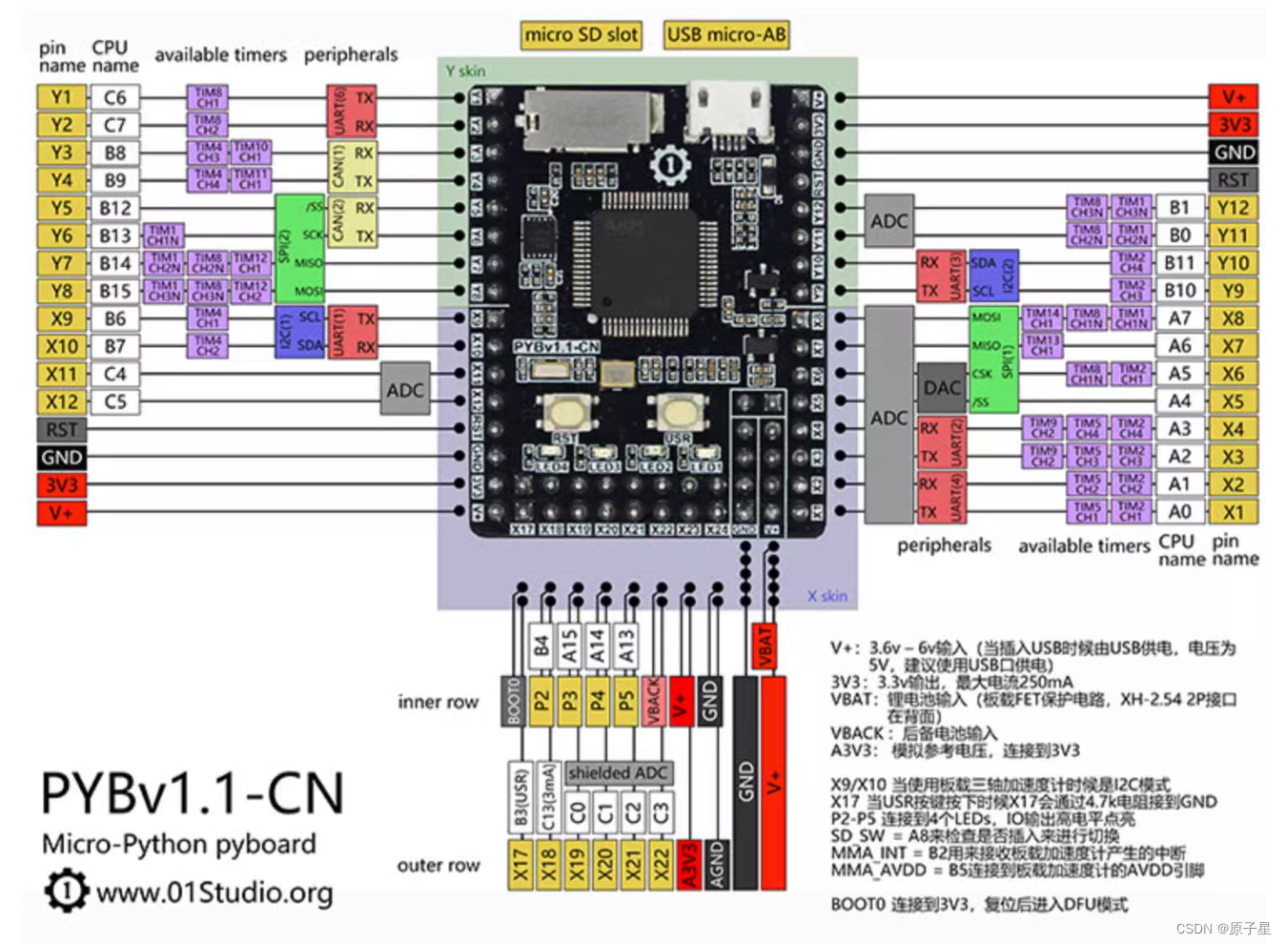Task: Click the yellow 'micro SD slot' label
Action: [x=581, y=35]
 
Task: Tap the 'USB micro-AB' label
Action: [x=726, y=35]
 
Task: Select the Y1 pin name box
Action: [x=61, y=97]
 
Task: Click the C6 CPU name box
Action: [x=114, y=97]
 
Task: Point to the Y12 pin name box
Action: [x=1233, y=208]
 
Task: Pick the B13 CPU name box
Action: [x=114, y=236]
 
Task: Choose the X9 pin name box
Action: [x=61, y=318]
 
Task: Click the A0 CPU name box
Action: [x=1179, y=512]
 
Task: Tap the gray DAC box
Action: [x=942, y=388]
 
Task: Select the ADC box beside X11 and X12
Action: [x=405, y=389]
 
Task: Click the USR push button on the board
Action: [x=678, y=412]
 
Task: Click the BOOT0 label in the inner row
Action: [x=514, y=701]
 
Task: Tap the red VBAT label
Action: [x=764, y=646]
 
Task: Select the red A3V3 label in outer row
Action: [x=688, y=864]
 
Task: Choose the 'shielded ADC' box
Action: [x=618, y=772]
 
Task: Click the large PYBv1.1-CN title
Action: [x=192, y=793]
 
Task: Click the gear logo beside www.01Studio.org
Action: [x=65, y=891]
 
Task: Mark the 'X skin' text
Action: [x=827, y=596]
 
